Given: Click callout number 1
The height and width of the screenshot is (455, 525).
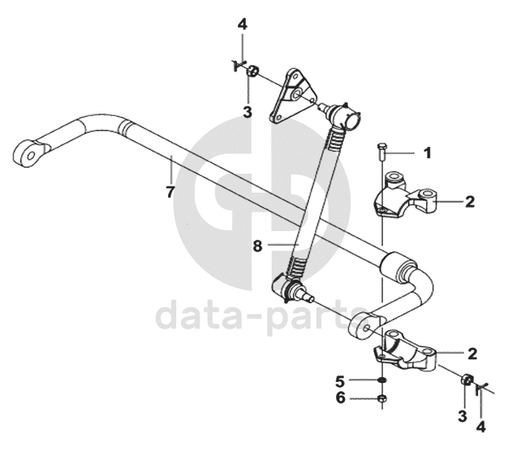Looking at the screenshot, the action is click(x=428, y=152).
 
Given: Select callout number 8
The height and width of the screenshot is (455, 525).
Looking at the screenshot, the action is click(x=258, y=244).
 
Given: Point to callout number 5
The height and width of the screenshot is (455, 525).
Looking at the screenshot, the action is click(x=340, y=380).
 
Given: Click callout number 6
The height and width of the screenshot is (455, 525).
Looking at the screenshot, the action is click(x=340, y=397).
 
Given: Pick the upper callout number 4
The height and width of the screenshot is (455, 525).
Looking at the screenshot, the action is click(x=242, y=25).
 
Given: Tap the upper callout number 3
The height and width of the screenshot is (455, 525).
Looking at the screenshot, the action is click(x=247, y=110).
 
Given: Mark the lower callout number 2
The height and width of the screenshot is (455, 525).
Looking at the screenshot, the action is click(x=471, y=353).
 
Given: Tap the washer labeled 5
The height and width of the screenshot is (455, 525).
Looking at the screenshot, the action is click(x=381, y=380).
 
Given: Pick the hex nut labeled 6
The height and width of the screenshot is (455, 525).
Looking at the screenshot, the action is click(x=381, y=398).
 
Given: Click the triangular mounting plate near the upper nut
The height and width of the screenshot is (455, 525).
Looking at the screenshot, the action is click(x=292, y=97).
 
